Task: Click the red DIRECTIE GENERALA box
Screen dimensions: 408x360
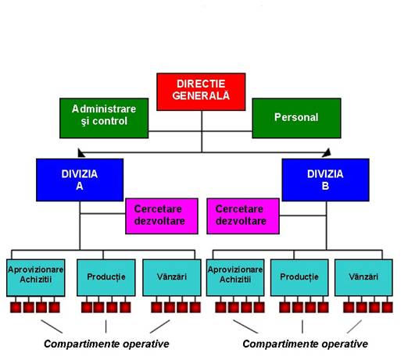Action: pyautogui.click(x=201, y=92)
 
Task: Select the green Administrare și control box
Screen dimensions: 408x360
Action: pyautogui.click(x=104, y=118)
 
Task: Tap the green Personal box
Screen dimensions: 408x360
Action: pyautogui.click(x=296, y=118)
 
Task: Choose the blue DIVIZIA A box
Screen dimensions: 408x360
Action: pyautogui.click(x=80, y=180)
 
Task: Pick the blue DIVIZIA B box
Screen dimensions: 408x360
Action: pyautogui.click(x=325, y=180)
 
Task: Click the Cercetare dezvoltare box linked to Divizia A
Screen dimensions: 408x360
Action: pyautogui.click(x=162, y=216)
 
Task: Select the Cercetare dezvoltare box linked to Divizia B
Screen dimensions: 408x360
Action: pyautogui.click(x=243, y=216)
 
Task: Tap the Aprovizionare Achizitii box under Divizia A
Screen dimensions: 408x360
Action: pyautogui.click(x=36, y=277)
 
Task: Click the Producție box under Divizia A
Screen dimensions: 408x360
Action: pyautogui.click(x=106, y=277)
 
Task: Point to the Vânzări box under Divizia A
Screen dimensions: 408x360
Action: pyautogui.click(x=172, y=277)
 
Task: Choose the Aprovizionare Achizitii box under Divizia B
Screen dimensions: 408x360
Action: pyautogui.click(x=235, y=277)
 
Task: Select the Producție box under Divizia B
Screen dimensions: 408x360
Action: pyautogui.click(x=299, y=277)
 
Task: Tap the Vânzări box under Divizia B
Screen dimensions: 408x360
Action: pyautogui.click(x=363, y=277)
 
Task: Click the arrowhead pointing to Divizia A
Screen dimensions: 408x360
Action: pyautogui.click(x=81, y=153)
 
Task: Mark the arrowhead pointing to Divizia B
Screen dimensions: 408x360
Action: pyautogui.click(x=327, y=153)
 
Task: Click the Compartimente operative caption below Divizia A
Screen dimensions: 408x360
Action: pyautogui.click(x=106, y=344)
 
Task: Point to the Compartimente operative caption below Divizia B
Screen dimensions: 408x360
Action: pyautogui.click(x=305, y=344)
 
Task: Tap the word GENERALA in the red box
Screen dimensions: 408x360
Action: pyautogui.click(x=201, y=96)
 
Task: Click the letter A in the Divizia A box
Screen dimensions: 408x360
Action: pyautogui.click(x=80, y=186)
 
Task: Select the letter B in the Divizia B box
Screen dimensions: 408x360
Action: pyautogui.click(x=325, y=186)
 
